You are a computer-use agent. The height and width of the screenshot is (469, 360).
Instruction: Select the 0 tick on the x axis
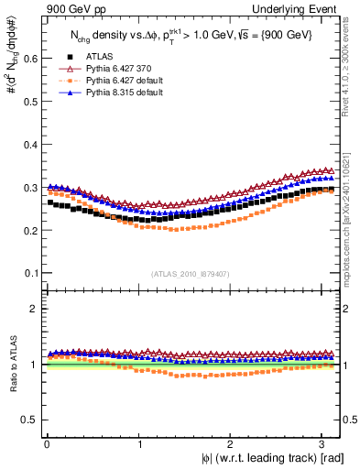click(x=47, y=444)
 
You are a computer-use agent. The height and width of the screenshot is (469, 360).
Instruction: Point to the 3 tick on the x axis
click(x=325, y=444)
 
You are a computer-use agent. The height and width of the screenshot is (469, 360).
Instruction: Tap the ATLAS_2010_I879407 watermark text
click(x=191, y=274)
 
